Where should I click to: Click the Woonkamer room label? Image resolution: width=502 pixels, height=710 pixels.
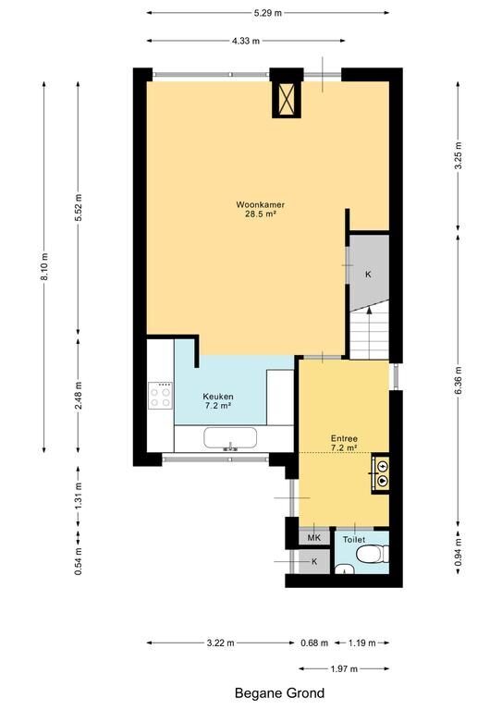tap(261, 204)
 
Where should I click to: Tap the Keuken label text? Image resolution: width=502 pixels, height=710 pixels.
tap(218, 397)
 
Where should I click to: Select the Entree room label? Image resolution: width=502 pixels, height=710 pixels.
tap(344, 438)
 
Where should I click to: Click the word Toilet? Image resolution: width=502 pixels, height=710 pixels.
tap(354, 540)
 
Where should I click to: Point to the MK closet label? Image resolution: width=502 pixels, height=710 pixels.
tap(313, 538)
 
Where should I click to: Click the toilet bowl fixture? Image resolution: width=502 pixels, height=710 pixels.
tap(372, 554)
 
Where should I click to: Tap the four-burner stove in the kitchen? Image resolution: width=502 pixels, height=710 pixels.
tap(161, 396)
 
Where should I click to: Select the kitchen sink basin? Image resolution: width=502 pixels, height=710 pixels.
tap(230, 437)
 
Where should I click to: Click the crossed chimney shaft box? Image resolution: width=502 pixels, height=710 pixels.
tap(286, 100)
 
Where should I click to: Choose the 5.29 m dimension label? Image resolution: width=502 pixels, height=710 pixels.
tap(267, 13)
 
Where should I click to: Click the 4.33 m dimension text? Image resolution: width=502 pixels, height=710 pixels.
tap(246, 42)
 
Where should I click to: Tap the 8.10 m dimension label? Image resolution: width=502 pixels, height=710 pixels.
tap(44, 266)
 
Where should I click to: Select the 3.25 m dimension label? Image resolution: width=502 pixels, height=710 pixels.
tap(459, 155)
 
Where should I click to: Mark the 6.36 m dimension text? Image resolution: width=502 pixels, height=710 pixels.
tap(459, 380)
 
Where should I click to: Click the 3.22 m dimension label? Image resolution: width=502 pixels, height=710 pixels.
tap(220, 643)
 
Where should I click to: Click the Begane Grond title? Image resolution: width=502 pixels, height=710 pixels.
tap(279, 692)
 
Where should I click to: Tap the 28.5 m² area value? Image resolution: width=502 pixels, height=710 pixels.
tap(261, 214)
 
